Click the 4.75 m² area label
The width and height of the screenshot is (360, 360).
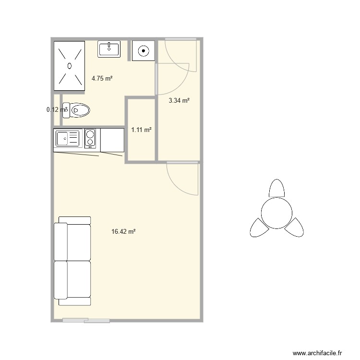pyautogui.click(x=102, y=78)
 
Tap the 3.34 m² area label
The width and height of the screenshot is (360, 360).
pyautogui.click(x=179, y=101)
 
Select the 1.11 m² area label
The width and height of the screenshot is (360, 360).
pyautogui.click(x=142, y=130)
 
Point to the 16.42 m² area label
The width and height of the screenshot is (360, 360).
pyautogui.click(x=123, y=231)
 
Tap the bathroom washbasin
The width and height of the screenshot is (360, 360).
pyautogui.click(x=109, y=49)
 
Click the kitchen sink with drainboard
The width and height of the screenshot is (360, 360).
pyautogui.click(x=67, y=138)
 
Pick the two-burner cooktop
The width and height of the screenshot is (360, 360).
pyautogui.click(x=90, y=138)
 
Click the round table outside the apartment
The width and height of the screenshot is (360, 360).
pyautogui.click(x=276, y=212)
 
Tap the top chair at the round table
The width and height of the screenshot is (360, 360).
pyautogui.click(x=276, y=188)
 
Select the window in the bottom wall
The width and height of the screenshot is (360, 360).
pyautogui.click(x=87, y=320)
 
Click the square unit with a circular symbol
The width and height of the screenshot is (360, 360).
pyautogui.click(x=143, y=50)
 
